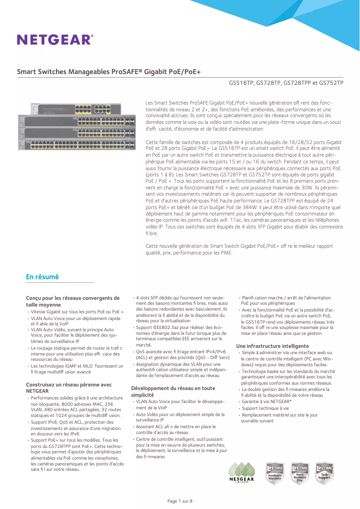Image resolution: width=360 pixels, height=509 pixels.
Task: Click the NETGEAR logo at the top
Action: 55,39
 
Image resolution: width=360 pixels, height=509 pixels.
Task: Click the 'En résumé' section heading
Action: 42,277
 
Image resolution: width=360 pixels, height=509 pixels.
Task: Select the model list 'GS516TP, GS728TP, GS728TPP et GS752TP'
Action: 286,83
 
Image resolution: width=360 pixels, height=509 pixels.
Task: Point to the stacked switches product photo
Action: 76,126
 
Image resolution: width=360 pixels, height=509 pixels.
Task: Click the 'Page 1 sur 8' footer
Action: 180,501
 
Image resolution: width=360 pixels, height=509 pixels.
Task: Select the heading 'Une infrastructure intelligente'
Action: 272,346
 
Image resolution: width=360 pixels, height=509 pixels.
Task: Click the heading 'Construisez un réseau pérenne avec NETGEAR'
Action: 69,388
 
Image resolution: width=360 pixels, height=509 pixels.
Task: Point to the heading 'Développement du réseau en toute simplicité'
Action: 173,391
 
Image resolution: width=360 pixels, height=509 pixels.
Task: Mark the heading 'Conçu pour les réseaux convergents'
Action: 73,301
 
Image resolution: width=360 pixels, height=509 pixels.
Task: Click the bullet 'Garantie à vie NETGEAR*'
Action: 267,402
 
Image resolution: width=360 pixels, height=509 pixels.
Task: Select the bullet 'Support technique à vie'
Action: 265,408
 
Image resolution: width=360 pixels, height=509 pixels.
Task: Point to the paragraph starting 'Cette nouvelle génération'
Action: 239,249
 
